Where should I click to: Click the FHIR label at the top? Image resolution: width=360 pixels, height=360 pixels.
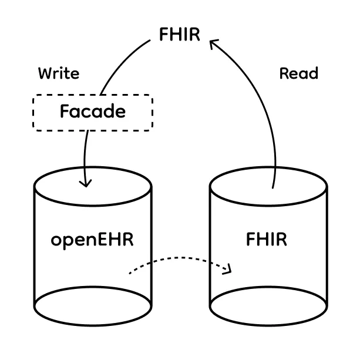tap(180, 35)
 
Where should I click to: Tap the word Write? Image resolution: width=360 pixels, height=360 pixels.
tap(59, 73)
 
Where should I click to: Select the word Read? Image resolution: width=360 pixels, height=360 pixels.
tap(298, 73)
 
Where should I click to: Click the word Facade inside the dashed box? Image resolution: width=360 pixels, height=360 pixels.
tap(93, 111)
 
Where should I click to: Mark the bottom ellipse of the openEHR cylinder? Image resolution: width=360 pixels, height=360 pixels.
tap(93, 317)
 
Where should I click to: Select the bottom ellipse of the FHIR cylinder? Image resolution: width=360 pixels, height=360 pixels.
tap(268, 317)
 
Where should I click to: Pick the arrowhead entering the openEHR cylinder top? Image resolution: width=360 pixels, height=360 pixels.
tap(86, 183)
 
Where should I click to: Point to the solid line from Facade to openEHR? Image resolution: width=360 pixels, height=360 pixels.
tap(85, 153)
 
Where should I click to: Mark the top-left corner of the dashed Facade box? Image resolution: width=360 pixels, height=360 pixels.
tap(33, 96)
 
